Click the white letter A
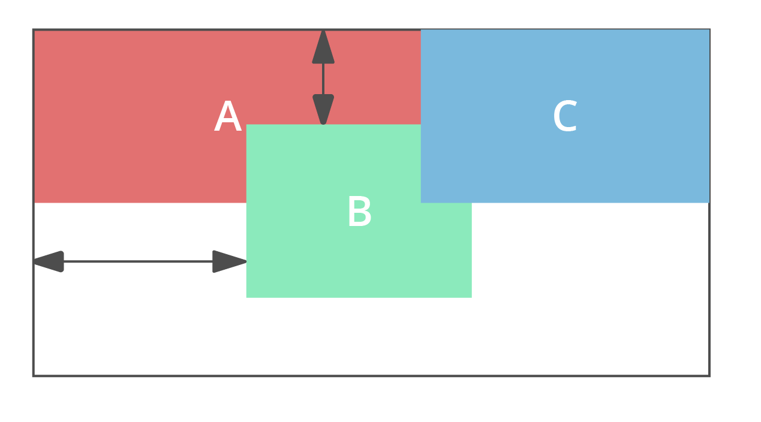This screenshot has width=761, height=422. [227, 117]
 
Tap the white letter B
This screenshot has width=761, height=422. [359, 212]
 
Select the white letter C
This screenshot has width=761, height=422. [564, 117]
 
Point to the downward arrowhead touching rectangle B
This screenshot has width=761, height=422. [323, 108]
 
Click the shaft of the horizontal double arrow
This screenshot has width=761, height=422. [138, 261]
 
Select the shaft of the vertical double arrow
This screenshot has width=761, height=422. [323, 79]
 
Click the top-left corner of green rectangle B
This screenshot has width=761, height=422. [246, 125]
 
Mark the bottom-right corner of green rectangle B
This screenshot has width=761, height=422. [471, 297]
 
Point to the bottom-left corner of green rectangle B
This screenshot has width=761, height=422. [246, 297]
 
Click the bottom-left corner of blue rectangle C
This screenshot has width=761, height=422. [421, 203]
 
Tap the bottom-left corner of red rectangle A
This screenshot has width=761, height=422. [35, 203]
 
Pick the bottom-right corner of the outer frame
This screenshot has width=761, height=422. [709, 376]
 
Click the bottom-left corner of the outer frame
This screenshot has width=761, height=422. [34, 376]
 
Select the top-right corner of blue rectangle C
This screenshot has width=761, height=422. [709, 30]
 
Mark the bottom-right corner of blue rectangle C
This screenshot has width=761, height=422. [709, 203]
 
